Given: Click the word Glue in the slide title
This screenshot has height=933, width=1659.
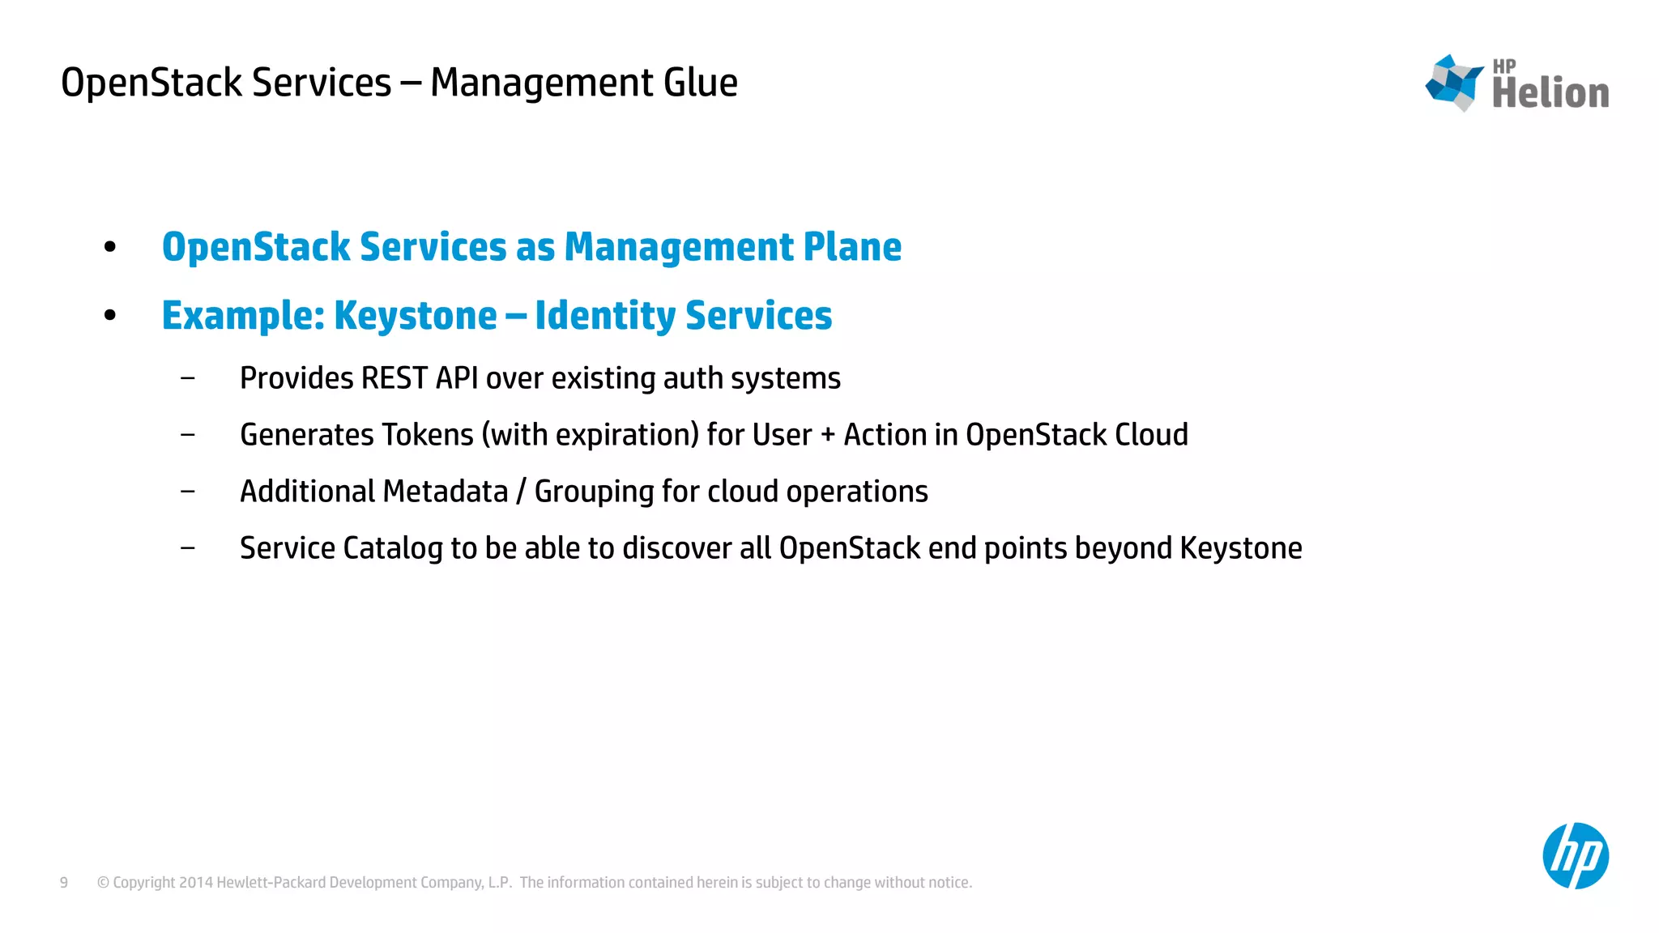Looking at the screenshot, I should click(x=700, y=83).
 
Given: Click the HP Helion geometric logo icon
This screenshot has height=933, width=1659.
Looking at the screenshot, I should click(x=1454, y=83).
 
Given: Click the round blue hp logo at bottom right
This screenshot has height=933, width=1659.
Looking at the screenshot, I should click(x=1575, y=856).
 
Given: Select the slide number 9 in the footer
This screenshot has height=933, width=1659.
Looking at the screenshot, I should click(x=64, y=883).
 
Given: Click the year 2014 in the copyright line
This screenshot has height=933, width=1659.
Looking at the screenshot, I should click(x=196, y=883).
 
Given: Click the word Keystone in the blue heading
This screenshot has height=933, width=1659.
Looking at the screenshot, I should click(x=415, y=316).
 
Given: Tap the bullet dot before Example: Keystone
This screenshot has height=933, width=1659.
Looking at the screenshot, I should click(x=110, y=315).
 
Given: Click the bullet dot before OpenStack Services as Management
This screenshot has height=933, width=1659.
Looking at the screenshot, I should click(x=110, y=247).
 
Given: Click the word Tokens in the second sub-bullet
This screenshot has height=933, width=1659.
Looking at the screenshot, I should click(x=427, y=435).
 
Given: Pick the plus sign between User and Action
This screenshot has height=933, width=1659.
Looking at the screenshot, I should click(x=827, y=436).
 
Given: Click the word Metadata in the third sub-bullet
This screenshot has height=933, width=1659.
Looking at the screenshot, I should click(x=445, y=492).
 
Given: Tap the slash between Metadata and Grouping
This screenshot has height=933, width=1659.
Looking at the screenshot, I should click(x=521, y=492).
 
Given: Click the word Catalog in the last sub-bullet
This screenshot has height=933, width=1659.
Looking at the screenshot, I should click(x=392, y=548).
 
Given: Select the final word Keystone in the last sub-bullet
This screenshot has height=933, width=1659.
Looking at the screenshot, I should click(x=1240, y=548).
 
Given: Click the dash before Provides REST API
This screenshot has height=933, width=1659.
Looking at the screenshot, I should click(x=188, y=378).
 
